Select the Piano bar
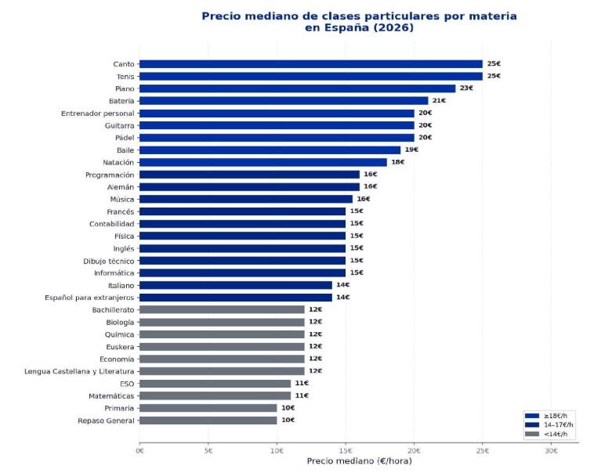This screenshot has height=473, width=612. point(298,88)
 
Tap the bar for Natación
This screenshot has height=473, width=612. point(263,162)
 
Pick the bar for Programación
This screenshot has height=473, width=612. point(249,175)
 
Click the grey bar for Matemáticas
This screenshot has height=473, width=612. point(215,395)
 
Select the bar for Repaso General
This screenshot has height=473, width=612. point(208,421)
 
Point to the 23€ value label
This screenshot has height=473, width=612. point(466,88)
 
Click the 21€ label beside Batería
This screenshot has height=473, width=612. point(439,101)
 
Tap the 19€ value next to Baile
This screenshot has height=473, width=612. point(411,150)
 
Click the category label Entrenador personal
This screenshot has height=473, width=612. point(98,113)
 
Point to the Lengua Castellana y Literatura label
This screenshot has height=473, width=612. point(79,371)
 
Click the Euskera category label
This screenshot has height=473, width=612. point(120,346)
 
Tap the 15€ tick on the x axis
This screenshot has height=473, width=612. point(346,450)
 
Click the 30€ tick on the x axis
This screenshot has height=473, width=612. point(551,450)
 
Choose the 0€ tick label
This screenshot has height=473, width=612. point(140,450)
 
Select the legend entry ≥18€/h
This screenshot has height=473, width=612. point(550,416)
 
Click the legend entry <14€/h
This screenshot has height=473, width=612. point(550,434)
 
